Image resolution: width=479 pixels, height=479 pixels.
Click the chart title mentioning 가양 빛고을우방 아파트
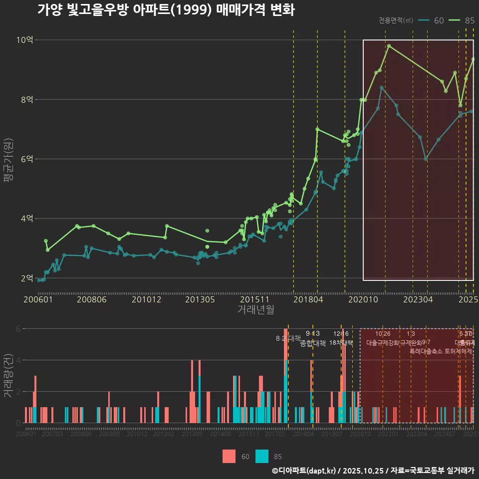[166, 10]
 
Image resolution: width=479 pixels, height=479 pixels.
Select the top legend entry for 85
[461, 20]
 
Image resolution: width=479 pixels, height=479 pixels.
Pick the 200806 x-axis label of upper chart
[90, 300]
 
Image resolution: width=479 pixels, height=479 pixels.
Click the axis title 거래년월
[255, 310]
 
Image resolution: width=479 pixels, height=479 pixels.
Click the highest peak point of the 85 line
[389, 46]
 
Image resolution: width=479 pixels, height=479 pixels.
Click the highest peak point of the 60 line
[382, 88]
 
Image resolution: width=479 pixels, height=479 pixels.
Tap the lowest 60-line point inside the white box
[426, 159]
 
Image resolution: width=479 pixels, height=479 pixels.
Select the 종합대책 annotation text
[313, 343]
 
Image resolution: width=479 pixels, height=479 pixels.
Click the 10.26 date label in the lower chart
[383, 334]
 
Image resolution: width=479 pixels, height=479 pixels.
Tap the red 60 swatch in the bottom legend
[229, 456]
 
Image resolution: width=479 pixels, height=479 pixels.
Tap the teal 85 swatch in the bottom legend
[262, 456]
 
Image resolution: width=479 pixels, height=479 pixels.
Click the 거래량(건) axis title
[8, 375]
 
